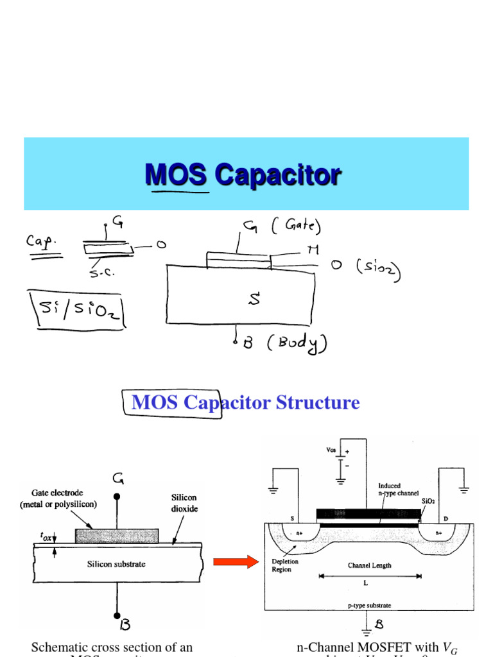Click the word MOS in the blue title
pos(177,174)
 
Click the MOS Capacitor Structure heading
pos(245,403)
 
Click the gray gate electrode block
pos(117,536)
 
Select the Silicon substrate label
pos(116,564)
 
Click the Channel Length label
pos(369,565)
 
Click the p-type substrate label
pos(369,605)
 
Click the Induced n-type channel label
pos(398,490)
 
